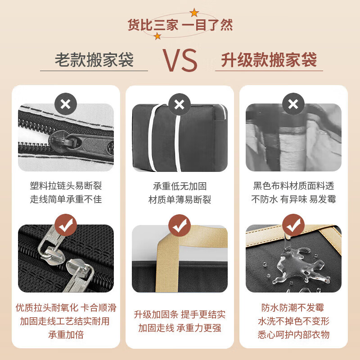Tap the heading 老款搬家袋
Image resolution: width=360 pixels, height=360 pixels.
click(94, 60)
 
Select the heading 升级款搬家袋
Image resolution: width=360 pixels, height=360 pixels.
click(269, 60)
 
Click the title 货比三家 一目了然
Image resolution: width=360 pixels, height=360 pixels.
click(180, 25)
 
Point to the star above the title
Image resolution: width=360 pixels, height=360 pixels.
click(194, 12)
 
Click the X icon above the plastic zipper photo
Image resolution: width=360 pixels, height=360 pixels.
click(66, 104)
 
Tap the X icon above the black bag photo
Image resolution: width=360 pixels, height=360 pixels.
click(179, 104)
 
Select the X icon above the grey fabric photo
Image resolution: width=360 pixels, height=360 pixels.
click(293, 104)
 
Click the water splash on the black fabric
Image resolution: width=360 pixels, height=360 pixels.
click(295, 265)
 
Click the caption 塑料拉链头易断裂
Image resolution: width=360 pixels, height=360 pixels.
click(66, 186)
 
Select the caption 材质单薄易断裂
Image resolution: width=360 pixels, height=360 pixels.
click(180, 199)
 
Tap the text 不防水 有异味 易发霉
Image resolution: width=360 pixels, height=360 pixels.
click(293, 199)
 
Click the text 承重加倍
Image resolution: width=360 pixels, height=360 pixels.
click(66, 334)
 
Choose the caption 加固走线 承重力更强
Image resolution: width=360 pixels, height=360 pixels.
click(180, 328)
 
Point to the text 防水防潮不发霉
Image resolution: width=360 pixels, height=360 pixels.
click(293, 308)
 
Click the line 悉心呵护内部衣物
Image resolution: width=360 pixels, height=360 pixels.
click(293, 334)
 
